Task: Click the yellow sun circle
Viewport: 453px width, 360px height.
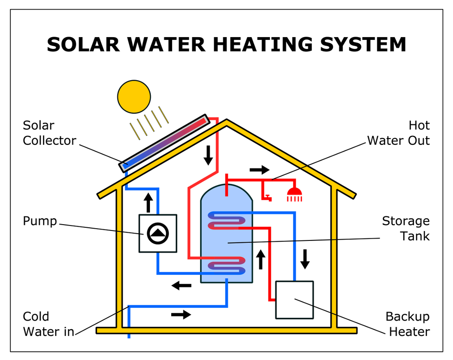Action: pyautogui.click(x=134, y=96)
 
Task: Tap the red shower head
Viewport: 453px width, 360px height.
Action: pyautogui.click(x=294, y=195)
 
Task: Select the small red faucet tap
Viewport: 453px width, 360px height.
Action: pyautogui.click(x=267, y=196)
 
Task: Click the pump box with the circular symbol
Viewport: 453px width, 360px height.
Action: pyautogui.click(x=158, y=233)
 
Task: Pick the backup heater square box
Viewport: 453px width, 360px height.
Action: pyautogui.click(x=294, y=300)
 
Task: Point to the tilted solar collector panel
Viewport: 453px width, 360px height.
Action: pyautogui.click(x=165, y=143)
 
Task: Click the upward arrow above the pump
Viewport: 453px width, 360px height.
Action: pyautogui.click(x=148, y=202)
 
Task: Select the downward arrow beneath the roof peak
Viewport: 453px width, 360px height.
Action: pyautogui.click(x=208, y=155)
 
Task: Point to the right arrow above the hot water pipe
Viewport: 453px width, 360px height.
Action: pyautogui.click(x=259, y=170)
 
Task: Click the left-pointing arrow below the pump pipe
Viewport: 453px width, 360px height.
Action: pyautogui.click(x=181, y=285)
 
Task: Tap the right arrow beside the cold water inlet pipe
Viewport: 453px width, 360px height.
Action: pyautogui.click(x=181, y=314)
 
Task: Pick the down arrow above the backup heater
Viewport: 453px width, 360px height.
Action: pyautogui.click(x=305, y=259)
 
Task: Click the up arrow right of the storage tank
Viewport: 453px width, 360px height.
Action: pyautogui.click(x=260, y=259)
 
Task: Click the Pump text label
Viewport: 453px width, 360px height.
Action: pyautogui.click(x=40, y=221)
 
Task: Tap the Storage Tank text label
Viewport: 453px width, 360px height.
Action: pyautogui.click(x=405, y=229)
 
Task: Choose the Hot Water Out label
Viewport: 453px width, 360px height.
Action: pyautogui.click(x=398, y=133)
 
